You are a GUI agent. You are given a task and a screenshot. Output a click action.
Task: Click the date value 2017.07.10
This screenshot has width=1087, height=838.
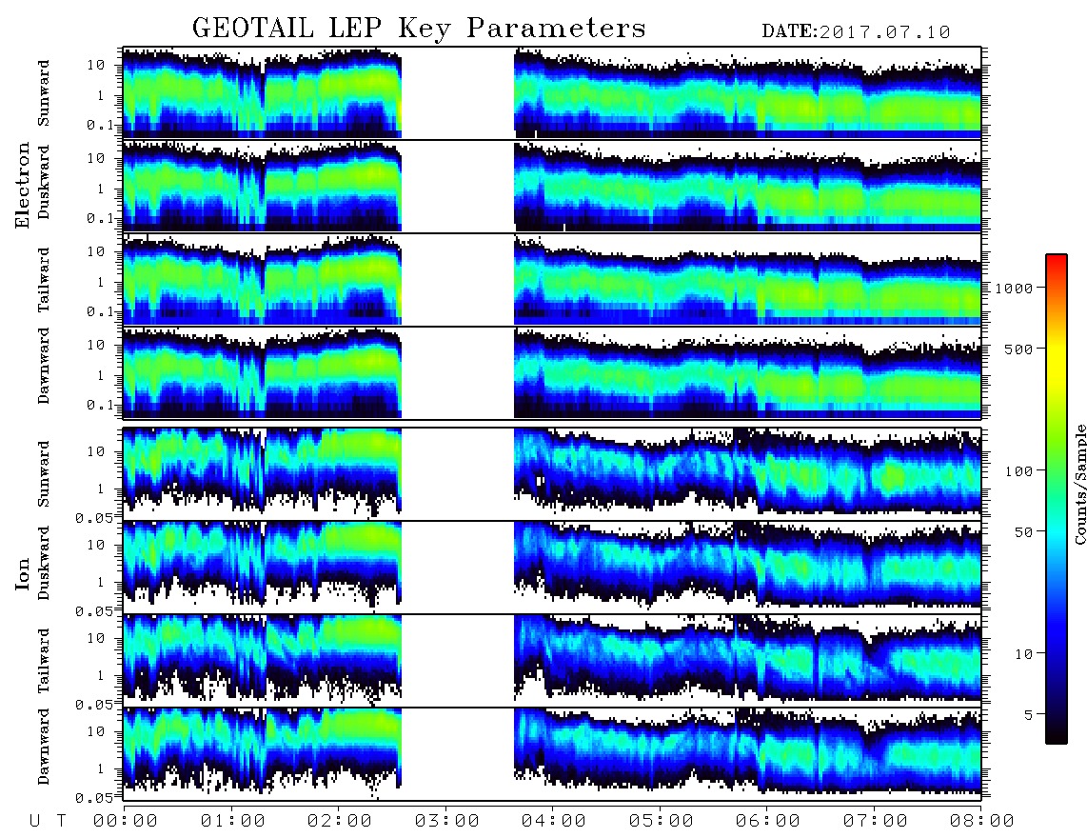[x=884, y=32]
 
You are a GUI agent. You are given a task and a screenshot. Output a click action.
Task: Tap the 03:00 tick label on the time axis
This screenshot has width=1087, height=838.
[x=446, y=822]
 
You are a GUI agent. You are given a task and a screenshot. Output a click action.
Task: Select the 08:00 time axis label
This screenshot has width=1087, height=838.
[x=981, y=822]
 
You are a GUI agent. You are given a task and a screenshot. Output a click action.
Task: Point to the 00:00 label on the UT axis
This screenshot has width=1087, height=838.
[x=126, y=822]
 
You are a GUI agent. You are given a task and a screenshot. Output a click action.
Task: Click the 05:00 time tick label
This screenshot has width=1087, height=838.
[x=661, y=822]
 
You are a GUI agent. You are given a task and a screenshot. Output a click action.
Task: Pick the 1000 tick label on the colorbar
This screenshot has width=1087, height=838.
[x=1014, y=289]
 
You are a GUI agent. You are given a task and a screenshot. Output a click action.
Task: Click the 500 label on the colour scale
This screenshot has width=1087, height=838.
[x=1018, y=349]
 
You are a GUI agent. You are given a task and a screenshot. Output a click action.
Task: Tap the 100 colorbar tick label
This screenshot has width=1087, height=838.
[x=1018, y=471]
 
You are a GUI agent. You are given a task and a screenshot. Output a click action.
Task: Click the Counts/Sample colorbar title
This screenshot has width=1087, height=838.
[x=1079, y=484]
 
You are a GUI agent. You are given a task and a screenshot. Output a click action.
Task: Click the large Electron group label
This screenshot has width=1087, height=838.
[x=23, y=185]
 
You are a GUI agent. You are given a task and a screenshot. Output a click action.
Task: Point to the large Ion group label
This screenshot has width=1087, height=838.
[x=23, y=573]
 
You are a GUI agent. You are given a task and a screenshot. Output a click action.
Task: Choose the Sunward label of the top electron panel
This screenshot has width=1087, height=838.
[x=44, y=93]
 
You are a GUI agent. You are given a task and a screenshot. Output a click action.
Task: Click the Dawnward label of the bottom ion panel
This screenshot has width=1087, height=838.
[x=44, y=746]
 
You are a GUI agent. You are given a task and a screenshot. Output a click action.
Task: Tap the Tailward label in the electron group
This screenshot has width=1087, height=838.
[x=44, y=280]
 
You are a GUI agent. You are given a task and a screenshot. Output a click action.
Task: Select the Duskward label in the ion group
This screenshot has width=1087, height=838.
[x=44, y=563]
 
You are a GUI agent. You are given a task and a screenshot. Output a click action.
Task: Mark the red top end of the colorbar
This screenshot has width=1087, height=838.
[x=1057, y=257]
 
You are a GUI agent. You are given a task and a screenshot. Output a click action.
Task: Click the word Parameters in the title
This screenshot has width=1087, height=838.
[x=556, y=28]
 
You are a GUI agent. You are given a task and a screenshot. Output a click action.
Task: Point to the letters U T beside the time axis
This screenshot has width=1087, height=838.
[x=48, y=822]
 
